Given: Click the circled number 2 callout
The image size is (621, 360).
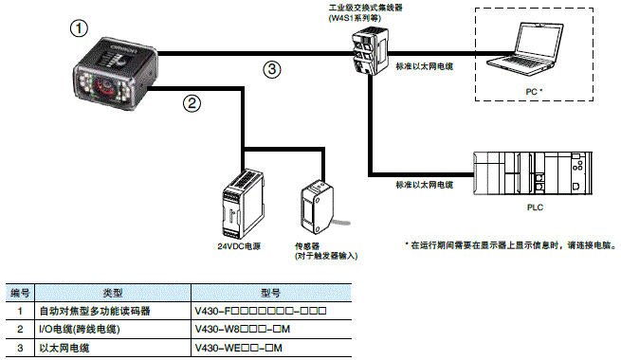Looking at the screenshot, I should [192, 102].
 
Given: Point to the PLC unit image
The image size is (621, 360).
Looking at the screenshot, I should [537, 175].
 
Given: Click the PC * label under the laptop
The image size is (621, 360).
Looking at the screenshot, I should [539, 92].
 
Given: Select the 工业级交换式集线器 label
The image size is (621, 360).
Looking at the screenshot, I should [368, 7].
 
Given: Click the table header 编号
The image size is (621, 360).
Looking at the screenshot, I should [19, 293].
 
